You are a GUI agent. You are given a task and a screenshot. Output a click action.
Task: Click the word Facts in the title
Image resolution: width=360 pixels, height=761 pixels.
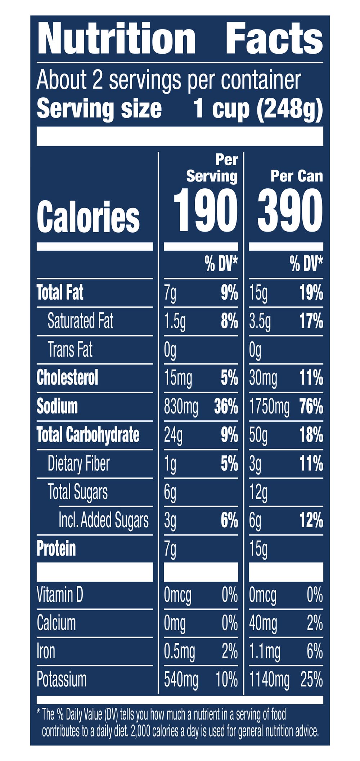click(x=274, y=38)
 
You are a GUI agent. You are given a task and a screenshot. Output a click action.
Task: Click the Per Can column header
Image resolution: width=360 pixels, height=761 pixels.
click(x=297, y=176)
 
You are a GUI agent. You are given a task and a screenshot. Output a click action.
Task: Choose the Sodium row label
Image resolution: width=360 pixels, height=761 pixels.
click(x=57, y=406)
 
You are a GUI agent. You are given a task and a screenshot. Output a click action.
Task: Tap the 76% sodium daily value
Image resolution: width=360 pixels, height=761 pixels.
click(x=311, y=407)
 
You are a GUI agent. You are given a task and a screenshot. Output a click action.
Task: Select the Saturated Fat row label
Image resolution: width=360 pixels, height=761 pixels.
click(x=80, y=321)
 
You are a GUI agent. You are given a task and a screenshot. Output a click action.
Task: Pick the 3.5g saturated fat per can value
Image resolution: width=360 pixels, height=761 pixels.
click(x=260, y=321)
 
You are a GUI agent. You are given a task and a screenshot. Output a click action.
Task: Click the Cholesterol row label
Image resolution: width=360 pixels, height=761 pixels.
click(x=67, y=378)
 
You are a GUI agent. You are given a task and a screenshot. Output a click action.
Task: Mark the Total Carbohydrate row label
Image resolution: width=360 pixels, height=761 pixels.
click(x=88, y=435)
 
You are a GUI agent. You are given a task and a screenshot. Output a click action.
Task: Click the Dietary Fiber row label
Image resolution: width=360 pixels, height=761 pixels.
click(x=78, y=464)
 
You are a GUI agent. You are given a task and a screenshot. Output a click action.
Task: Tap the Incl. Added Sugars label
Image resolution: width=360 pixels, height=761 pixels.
click(x=104, y=520)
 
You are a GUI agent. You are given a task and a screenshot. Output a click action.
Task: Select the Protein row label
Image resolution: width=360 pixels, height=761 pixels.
click(x=56, y=549)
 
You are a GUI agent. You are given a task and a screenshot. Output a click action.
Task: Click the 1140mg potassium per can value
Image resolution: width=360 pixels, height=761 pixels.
click(x=269, y=680)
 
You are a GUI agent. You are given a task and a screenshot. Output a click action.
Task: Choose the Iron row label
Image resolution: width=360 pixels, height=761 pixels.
click(x=46, y=651)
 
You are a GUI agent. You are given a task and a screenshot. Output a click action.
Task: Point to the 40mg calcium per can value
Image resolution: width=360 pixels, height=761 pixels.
click(x=263, y=623)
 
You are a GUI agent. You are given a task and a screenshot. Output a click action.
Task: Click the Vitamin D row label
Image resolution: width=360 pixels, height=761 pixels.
click(x=60, y=595)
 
